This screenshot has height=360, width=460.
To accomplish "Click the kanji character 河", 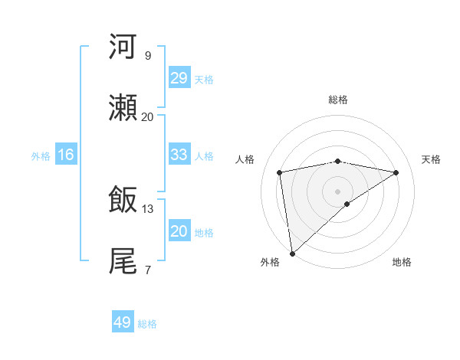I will click(x=123, y=47).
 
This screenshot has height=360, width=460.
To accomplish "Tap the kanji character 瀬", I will click(x=123, y=108).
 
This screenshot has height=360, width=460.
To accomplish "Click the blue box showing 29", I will click(x=179, y=78).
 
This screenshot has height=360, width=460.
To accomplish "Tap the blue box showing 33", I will click(x=179, y=155).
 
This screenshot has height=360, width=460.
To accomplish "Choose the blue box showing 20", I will click(x=179, y=231).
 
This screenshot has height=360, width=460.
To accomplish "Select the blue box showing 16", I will click(x=66, y=155).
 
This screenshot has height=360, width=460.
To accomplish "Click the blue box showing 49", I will click(x=123, y=322).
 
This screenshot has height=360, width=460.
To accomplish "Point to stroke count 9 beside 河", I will click(x=147, y=56).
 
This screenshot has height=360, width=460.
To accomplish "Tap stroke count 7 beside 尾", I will click(x=147, y=270).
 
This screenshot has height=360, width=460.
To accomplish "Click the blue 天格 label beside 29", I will click(x=204, y=79).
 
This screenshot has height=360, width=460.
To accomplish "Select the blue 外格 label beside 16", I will click(x=41, y=155).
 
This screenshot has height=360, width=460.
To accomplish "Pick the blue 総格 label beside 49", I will click(x=147, y=324).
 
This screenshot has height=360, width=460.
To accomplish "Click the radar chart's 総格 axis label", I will click(x=337, y=100).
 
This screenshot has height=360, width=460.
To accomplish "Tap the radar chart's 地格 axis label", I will click(x=402, y=262).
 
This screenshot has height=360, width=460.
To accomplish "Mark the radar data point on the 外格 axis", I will click(x=292, y=253).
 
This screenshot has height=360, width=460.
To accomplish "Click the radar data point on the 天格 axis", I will click(x=396, y=172).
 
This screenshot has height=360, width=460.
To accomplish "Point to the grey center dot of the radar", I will click(x=337, y=191).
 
